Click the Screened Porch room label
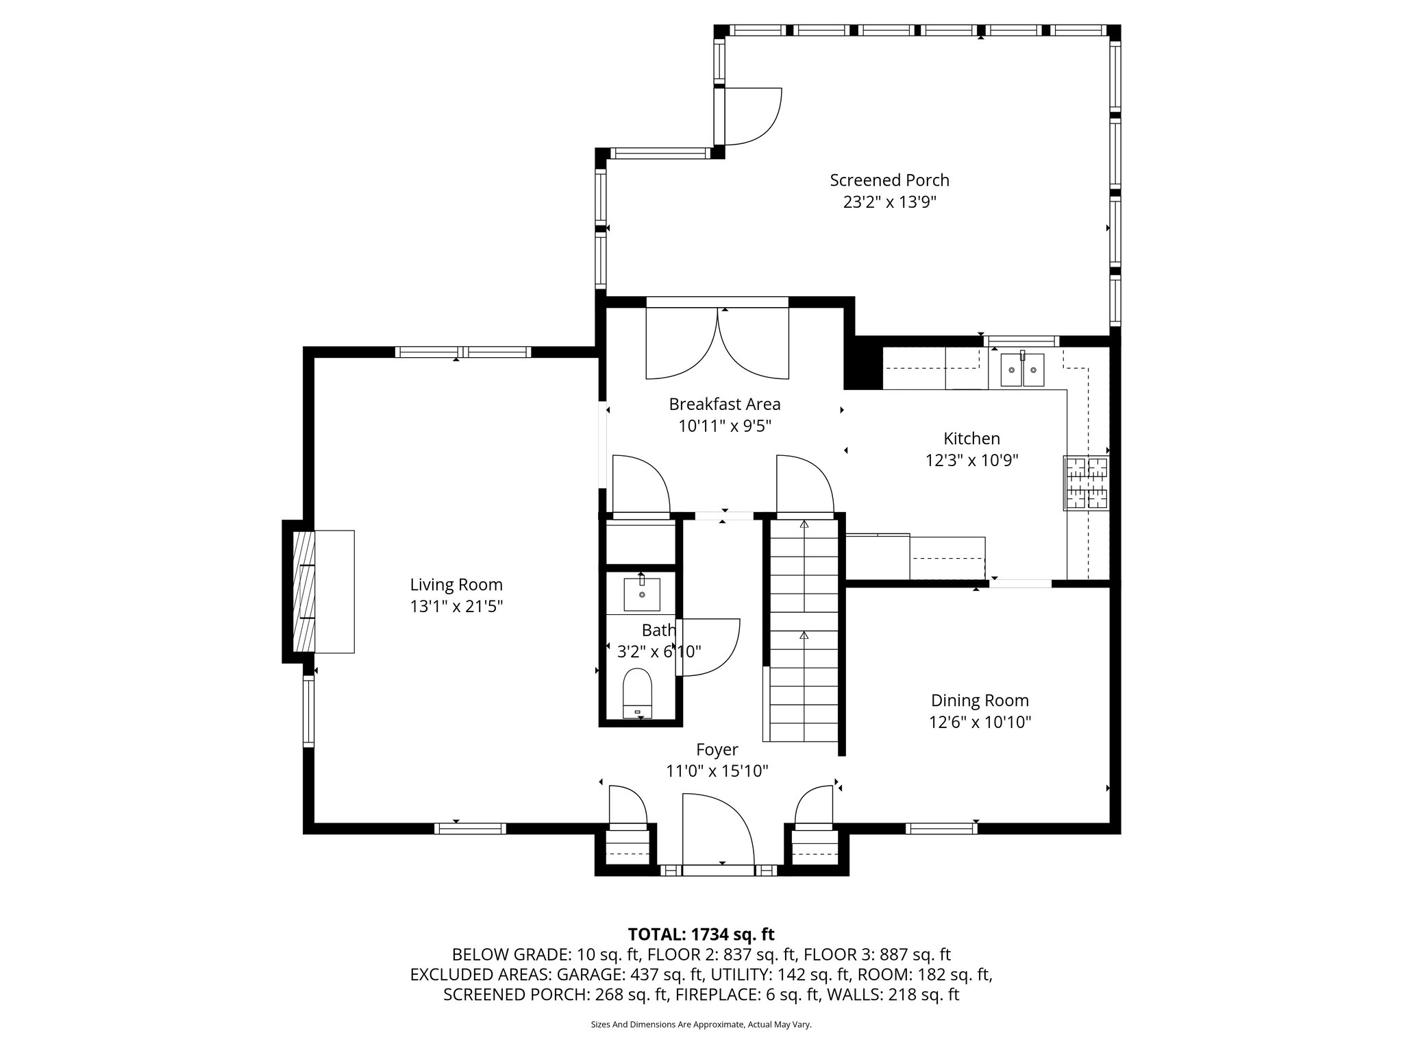pos(889,180)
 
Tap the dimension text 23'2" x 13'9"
pos(889,202)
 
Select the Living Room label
pos(456,585)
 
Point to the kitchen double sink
pos(1022,370)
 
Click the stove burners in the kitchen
pos(1087,483)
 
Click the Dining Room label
pos(980,701)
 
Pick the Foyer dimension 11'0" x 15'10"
pos(717,771)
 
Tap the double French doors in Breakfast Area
pos(717,343)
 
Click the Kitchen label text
pos(971,439)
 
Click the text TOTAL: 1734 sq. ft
pos(701,934)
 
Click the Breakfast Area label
pos(725,404)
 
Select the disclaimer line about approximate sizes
pos(701,1025)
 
